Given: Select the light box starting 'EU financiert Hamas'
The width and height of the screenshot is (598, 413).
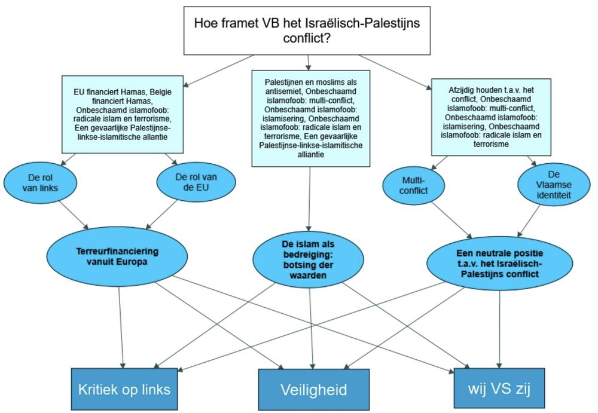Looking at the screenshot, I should point(122,114).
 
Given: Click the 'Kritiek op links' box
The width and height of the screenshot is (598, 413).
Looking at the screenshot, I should point(124,389).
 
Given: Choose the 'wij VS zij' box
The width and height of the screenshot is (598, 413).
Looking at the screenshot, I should point(499,389).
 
